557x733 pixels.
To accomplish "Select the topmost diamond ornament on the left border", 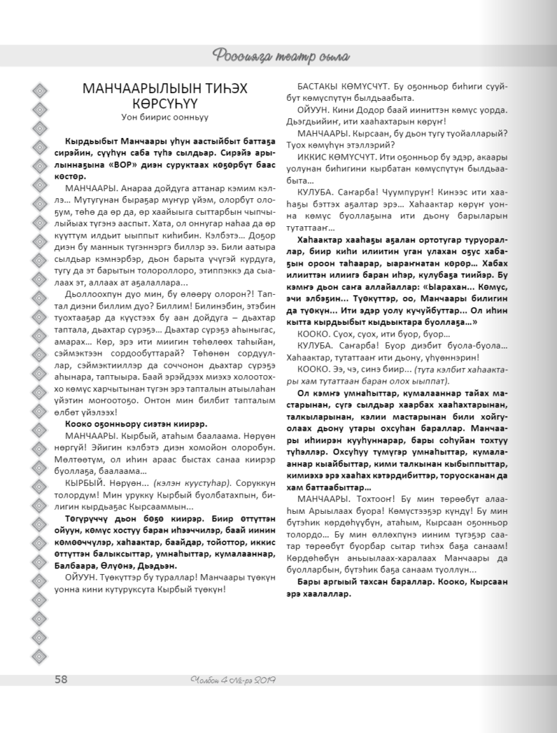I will [x=40, y=89].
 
